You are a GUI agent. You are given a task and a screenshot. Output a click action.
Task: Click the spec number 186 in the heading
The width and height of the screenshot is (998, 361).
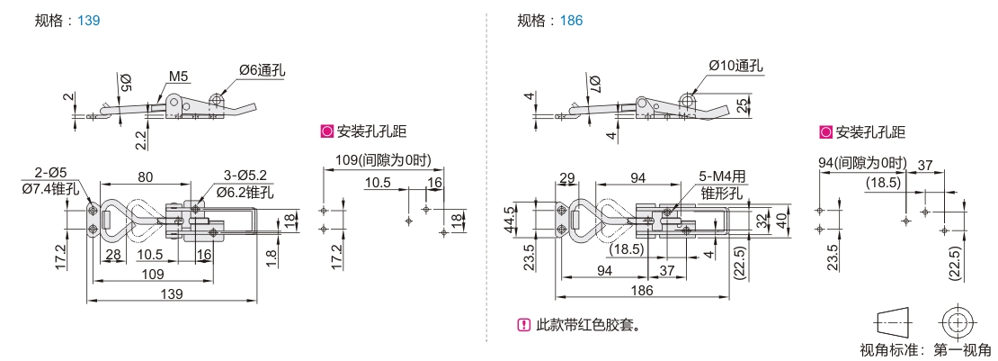click(x=571, y=20)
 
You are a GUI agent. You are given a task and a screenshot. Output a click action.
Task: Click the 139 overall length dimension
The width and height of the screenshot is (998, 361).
click(x=171, y=293)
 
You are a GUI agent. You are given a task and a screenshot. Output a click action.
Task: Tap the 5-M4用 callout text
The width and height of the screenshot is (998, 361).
click(x=724, y=176)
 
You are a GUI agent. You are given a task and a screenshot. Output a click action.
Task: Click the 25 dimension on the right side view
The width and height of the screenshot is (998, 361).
click(x=739, y=106)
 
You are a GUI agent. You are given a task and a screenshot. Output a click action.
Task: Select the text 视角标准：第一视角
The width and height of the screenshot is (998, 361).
click(x=925, y=349)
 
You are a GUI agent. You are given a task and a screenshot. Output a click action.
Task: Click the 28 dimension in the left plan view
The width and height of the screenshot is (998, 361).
click(x=113, y=255)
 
